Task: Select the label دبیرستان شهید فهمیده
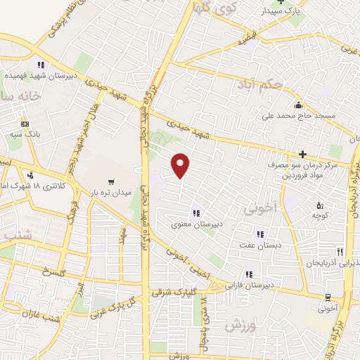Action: (41, 75)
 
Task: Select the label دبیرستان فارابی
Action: (250, 285)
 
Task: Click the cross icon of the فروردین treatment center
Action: (302, 154)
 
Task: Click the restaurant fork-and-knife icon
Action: (340, 251)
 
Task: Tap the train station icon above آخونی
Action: (328, 297)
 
